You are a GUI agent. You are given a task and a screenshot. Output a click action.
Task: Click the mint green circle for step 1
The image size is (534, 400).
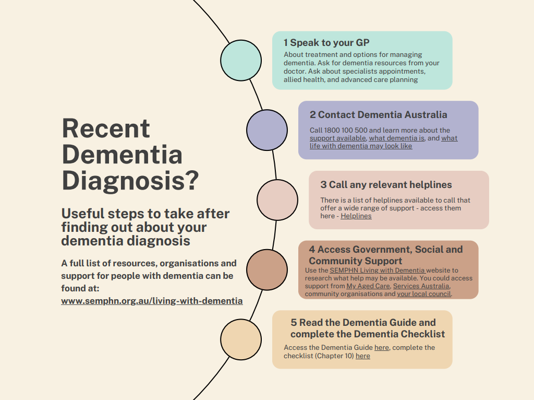coord(241,61)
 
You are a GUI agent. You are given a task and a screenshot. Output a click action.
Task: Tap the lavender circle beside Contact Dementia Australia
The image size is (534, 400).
coord(267,130)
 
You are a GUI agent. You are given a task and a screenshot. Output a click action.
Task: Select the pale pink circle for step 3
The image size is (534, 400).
coord(277,200)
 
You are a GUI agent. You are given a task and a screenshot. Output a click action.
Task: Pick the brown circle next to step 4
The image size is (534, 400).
coord(267,270)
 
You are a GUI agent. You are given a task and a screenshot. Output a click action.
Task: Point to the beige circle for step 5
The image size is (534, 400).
coord(241,339)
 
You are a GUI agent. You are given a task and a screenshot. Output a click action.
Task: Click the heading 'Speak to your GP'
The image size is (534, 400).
coord(330,43)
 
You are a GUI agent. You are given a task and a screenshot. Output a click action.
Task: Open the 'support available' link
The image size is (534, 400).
coord(338,138)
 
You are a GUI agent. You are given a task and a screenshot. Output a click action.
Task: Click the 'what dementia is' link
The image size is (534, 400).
coord(397,138)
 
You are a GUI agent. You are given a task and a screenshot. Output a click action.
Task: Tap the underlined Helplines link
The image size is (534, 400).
coord(356,216)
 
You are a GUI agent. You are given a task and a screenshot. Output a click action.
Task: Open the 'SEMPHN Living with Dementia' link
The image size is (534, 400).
coord(378,270)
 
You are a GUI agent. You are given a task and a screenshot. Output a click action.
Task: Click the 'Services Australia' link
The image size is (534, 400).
coord(421,286)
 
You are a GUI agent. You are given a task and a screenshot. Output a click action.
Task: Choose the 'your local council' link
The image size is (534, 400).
coord(424,294)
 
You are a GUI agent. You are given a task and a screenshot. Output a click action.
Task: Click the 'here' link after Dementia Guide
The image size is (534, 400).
coord(381,347)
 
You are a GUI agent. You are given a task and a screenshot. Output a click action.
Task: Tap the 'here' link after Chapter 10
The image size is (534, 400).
coord(363,356)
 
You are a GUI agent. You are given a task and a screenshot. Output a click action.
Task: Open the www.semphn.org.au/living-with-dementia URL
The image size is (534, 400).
coord(152,301)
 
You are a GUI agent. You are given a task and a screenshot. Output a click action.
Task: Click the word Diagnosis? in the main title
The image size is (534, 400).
coord(130,180)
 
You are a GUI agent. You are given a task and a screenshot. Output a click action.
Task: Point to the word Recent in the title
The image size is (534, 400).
coord(106,128)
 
